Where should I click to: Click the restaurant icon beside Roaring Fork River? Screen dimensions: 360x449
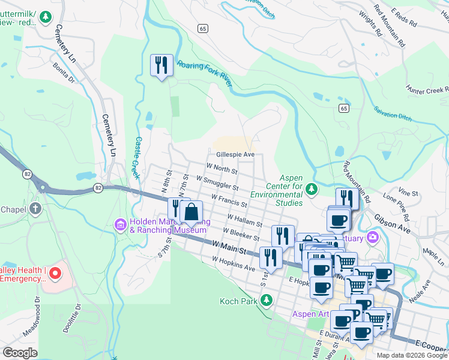pos(161,65)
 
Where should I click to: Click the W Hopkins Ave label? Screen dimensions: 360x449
pos(234,263)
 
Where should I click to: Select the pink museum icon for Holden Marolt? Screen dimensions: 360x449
pos(120,224)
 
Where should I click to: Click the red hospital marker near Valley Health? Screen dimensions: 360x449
pos(55,274)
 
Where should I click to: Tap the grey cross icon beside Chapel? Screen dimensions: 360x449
pos(35,209)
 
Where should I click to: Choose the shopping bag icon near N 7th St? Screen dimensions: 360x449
pos(191,212)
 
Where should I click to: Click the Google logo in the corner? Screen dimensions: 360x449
pos(20,352)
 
